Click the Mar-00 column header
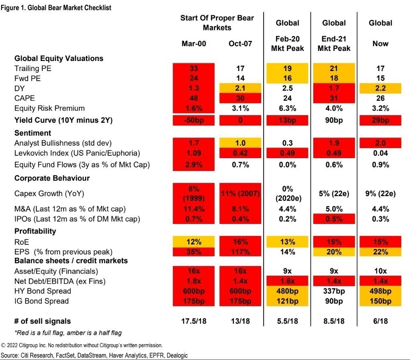pos(194,44)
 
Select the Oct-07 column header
pos(240,44)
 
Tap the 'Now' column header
pos(380,44)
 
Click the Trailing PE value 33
pos(194,69)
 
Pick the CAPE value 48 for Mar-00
pos(194,98)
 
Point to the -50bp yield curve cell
pos(194,120)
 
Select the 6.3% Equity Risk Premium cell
pos(287,108)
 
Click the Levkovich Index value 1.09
pos(194,153)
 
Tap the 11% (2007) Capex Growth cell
pos(240,194)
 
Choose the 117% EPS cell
pos(240,252)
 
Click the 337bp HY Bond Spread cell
pos(334,291)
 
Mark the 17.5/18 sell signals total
pos(194,321)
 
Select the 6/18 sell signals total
pos(380,321)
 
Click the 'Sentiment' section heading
pos(33,133)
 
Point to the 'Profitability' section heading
pos(35,231)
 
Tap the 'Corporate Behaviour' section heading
pos(52,178)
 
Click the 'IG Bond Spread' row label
pos(42,301)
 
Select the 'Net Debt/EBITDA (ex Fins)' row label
pos(57,281)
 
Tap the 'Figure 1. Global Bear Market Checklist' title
pos(56,8)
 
